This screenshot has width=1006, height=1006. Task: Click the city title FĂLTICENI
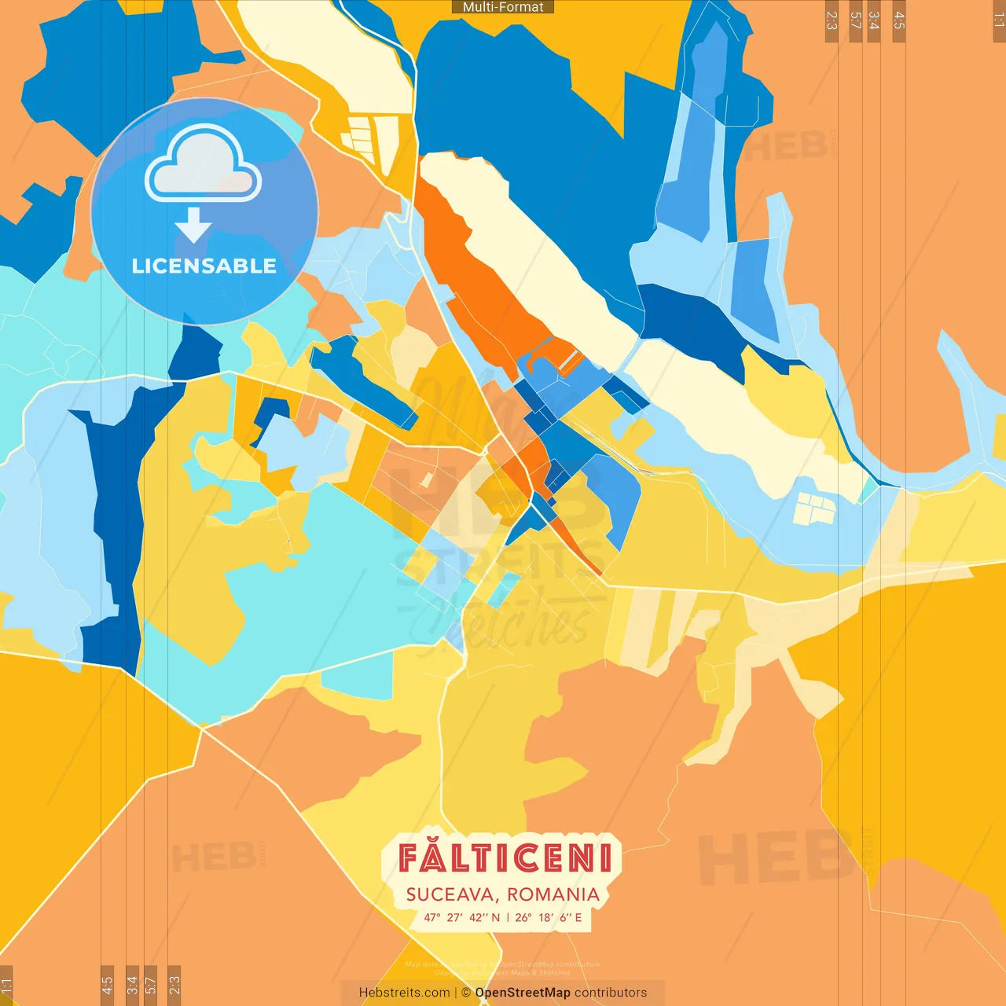pos(504,857)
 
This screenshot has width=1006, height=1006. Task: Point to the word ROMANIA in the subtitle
pos(553,894)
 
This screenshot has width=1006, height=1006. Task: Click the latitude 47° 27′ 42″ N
pos(462,917)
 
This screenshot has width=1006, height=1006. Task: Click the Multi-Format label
pos(503,7)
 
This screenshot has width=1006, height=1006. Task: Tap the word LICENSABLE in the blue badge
pos(204,266)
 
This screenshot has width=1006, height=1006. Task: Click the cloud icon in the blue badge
pos(203,167)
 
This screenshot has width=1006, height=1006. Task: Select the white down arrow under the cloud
pos(193,226)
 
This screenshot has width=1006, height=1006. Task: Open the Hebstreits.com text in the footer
pos(405,993)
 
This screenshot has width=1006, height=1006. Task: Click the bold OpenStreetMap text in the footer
pos(523,993)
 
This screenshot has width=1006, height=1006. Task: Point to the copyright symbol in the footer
pos(466,993)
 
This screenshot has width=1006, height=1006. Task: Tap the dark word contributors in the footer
pos(611,993)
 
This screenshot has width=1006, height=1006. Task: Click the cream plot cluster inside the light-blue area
pos(813,509)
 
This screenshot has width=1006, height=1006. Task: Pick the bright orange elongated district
pos(479,283)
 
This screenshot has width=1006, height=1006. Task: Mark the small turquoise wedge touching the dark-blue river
pos(868,491)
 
